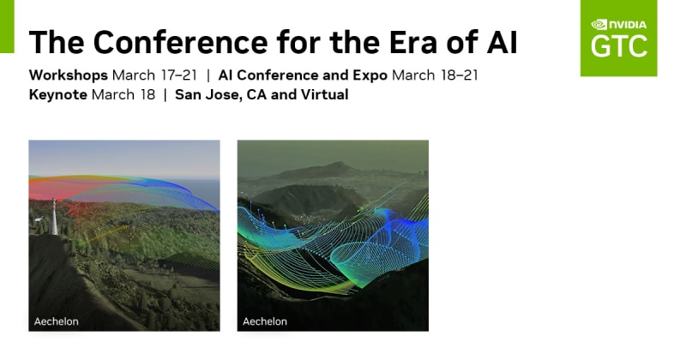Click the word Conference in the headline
point(180,43)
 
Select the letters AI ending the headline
point(502,43)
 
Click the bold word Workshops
point(69,75)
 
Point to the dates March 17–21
point(155,75)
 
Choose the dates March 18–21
point(435,75)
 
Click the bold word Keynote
point(57,95)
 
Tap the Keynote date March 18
point(123,94)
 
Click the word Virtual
point(323,94)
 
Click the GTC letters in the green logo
point(619,47)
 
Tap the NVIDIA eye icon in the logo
point(599,25)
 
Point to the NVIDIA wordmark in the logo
point(628,25)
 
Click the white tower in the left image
point(54,217)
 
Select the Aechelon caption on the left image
point(57,321)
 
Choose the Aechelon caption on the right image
point(265,321)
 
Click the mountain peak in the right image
point(337,165)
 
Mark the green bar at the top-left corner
point(7,27)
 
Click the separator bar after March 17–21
point(208,75)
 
